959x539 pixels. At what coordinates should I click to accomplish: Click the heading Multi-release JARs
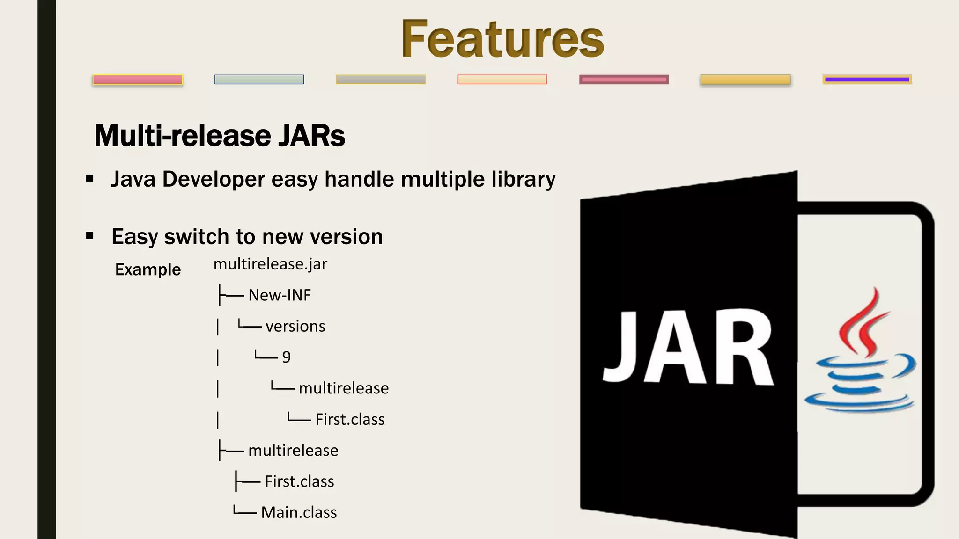(x=220, y=136)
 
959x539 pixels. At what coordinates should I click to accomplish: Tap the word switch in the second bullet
(x=199, y=237)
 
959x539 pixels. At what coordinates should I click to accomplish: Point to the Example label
(x=148, y=269)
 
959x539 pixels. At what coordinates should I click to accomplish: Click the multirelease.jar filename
(x=270, y=264)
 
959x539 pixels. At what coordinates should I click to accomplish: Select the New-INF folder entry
(x=280, y=295)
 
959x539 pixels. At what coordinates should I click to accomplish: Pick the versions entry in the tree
(x=295, y=326)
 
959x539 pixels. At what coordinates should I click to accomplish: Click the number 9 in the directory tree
(x=287, y=357)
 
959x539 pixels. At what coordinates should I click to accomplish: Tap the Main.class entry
(x=299, y=512)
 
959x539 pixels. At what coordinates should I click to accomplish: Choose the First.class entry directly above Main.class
(x=299, y=481)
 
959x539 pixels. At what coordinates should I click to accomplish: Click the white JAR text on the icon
(x=687, y=349)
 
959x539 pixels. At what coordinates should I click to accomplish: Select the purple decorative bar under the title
(x=867, y=80)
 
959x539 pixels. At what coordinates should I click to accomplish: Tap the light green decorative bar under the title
(x=259, y=80)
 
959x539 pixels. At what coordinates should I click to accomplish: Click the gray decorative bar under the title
(x=381, y=80)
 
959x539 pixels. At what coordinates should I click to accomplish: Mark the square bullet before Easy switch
(x=90, y=236)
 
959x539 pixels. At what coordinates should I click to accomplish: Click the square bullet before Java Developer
(x=90, y=179)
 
